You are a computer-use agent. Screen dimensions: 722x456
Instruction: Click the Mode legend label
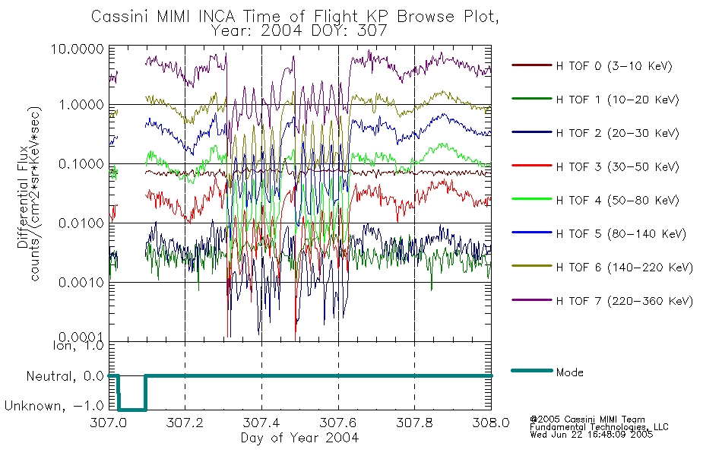pyautogui.click(x=569, y=372)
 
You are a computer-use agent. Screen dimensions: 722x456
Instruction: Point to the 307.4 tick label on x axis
pyautogui.click(x=261, y=423)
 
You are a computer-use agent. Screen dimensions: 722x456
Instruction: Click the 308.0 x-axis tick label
pyautogui.click(x=491, y=423)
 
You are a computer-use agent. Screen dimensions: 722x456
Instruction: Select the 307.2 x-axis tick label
pyautogui.click(x=185, y=423)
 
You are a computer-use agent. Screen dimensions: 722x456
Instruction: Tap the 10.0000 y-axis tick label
pyautogui.click(x=78, y=49)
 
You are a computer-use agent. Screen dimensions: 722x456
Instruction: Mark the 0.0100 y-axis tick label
pyautogui.click(x=81, y=223)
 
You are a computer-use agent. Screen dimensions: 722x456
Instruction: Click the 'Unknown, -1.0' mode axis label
pyautogui.click(x=54, y=406)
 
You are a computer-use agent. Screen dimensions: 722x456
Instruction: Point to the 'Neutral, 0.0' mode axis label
pyautogui.click(x=65, y=376)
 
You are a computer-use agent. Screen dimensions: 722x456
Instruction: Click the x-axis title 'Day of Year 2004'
pyautogui.click(x=299, y=438)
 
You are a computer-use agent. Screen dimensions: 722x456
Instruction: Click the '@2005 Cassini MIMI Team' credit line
pyautogui.click(x=587, y=420)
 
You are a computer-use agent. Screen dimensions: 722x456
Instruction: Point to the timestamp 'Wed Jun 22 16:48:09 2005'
pyautogui.click(x=591, y=435)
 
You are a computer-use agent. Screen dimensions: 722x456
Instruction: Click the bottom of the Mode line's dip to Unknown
pyautogui.click(x=132, y=409)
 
